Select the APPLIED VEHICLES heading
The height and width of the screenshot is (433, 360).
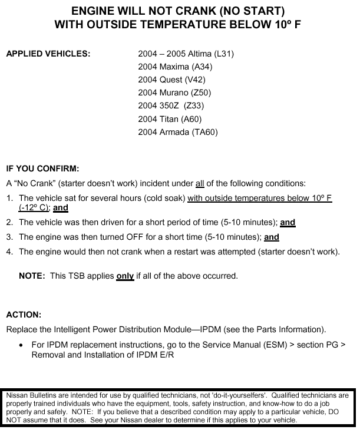tap(48, 54)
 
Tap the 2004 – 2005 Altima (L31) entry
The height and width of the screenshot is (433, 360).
tap(186, 54)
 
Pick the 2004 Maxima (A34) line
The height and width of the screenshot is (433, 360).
tap(175, 67)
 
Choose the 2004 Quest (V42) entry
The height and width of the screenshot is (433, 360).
tap(172, 80)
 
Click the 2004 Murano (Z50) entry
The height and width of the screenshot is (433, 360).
tap(174, 92)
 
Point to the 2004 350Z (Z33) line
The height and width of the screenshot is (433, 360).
tap(170, 106)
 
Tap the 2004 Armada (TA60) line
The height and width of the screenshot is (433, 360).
tap(178, 132)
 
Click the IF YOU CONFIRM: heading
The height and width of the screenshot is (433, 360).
tap(42, 169)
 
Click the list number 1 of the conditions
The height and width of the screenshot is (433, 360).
tap(9, 199)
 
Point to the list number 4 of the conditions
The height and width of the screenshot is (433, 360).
tap(9, 252)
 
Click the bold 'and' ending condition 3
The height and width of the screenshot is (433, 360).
tap(272, 237)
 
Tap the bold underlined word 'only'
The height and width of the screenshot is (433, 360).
tap(125, 276)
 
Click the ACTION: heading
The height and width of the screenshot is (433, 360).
tap(24, 315)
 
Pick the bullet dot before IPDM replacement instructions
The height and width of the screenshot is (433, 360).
tap(22, 345)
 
